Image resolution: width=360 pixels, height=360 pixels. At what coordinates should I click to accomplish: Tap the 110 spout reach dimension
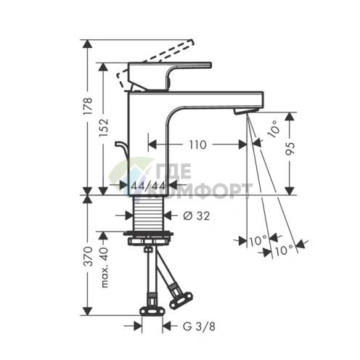(x=196, y=144)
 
